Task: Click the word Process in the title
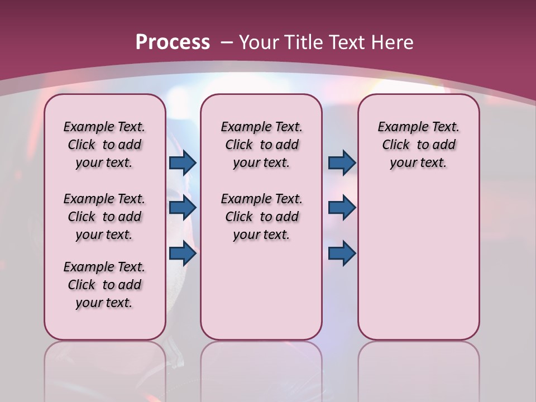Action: coord(173,42)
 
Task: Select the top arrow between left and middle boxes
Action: coord(183,162)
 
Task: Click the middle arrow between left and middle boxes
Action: coord(183,208)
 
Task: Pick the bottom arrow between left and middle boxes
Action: coord(183,253)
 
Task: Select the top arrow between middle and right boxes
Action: coord(342,162)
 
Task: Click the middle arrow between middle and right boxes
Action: coord(342,208)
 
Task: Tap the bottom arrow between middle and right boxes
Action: coord(342,253)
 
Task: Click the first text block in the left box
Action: coord(104,145)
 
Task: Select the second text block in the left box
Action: coord(104,217)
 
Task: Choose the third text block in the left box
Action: coord(104,285)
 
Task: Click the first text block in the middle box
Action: coord(261,145)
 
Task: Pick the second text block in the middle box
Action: coord(261,217)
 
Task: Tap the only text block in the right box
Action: coord(418,145)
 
